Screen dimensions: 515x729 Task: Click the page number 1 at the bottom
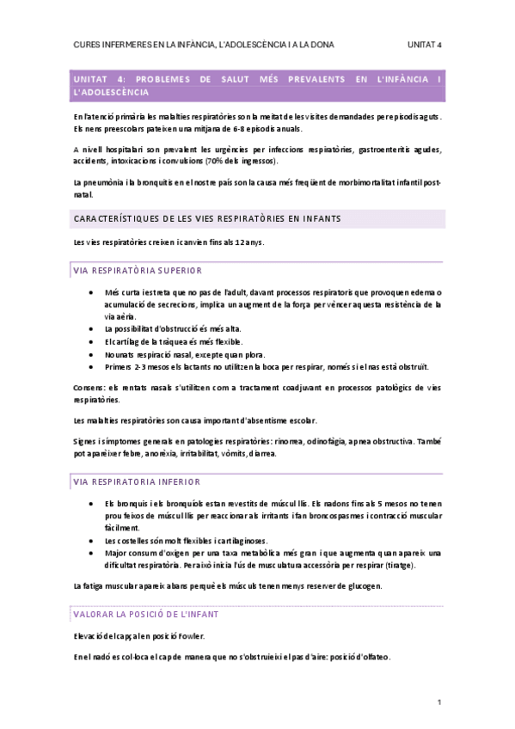(x=439, y=702)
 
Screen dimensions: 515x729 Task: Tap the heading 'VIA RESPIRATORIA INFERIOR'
(x=137, y=481)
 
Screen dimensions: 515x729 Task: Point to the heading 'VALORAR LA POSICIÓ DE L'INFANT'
(x=146, y=614)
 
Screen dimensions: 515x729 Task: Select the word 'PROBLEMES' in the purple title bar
(x=161, y=79)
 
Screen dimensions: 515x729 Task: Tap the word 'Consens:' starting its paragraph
(x=91, y=389)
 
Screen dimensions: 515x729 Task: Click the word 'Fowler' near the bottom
(x=190, y=636)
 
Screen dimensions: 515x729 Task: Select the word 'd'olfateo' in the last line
(x=371, y=658)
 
